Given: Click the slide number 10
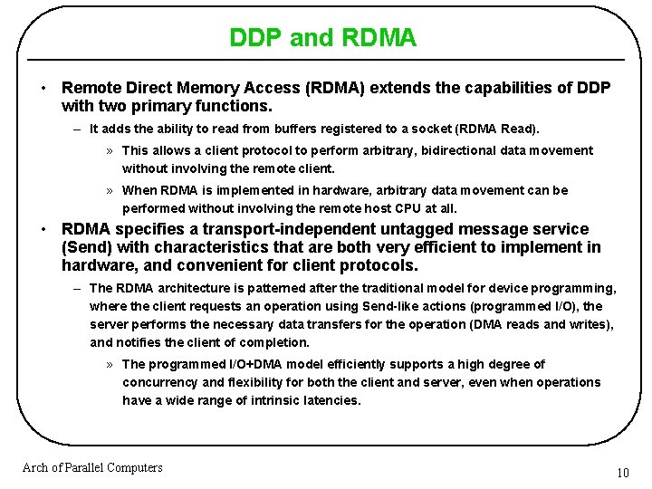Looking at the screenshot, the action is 622,473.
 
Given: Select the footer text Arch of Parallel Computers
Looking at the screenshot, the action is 92,467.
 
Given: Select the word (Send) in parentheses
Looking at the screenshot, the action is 86,247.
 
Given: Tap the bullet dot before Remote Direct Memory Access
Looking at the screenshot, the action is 43,88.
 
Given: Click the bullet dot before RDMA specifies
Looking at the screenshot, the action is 43,229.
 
